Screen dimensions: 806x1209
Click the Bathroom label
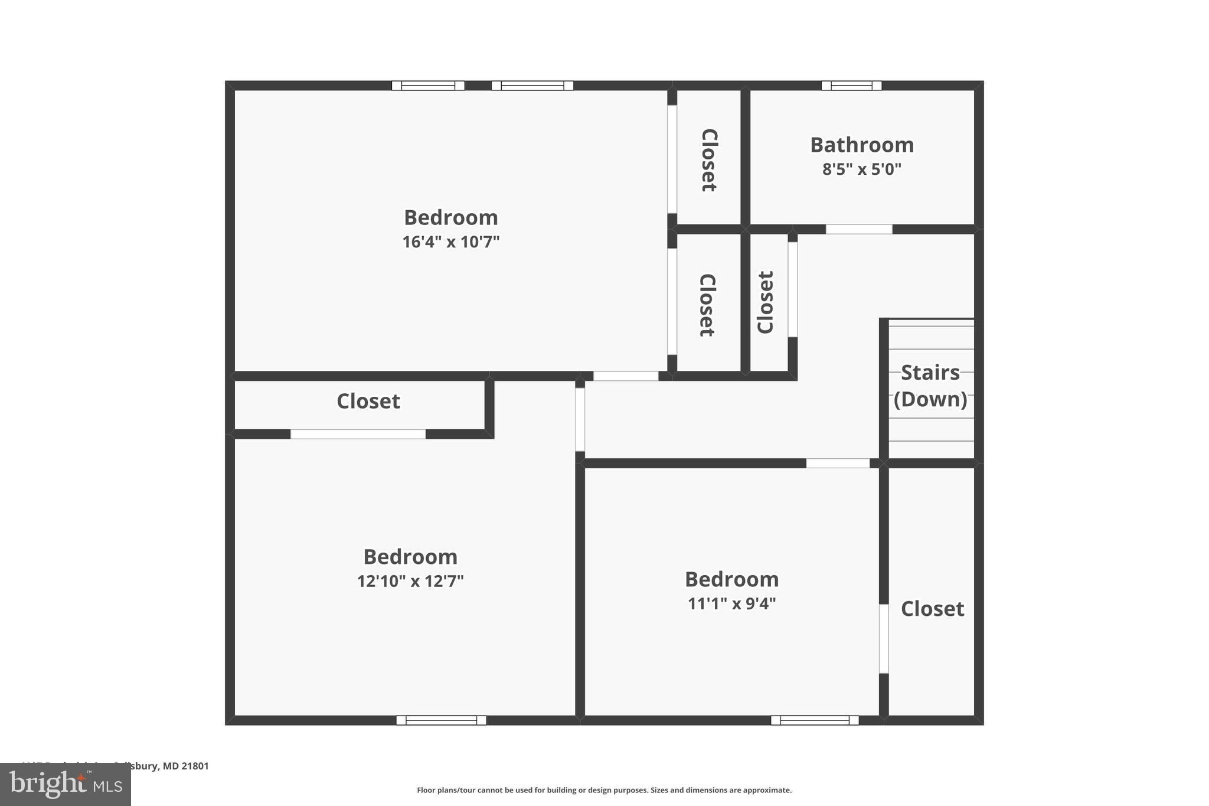pyautogui.click(x=861, y=145)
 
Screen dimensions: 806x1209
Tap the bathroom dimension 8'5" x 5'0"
pyautogui.click(x=861, y=169)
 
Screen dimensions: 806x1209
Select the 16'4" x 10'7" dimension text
pyautogui.click(x=450, y=242)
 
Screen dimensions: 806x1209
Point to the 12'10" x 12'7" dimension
pyautogui.click(x=410, y=581)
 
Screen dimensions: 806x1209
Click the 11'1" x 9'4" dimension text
pyautogui.click(x=731, y=603)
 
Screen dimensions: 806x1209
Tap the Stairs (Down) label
pyautogui.click(x=930, y=386)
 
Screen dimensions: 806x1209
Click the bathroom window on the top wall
pyautogui.click(x=851, y=86)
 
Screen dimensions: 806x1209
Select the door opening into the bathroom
pyautogui.click(x=858, y=229)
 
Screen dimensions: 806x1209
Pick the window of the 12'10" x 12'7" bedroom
pyautogui.click(x=441, y=720)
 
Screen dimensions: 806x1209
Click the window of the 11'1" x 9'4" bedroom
pyautogui.click(x=815, y=720)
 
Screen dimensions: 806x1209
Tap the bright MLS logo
pyautogui.click(x=65, y=784)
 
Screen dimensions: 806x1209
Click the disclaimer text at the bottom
pyautogui.click(x=604, y=790)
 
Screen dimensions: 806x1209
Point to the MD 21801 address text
pyautogui.click(x=186, y=766)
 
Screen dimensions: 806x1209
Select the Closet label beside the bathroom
pyautogui.click(x=708, y=159)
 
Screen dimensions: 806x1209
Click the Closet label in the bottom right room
pyautogui.click(x=932, y=609)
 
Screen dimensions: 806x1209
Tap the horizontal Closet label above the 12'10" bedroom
pyautogui.click(x=368, y=402)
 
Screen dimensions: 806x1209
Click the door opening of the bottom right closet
pyautogui.click(x=884, y=638)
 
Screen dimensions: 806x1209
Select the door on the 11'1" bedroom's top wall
pyautogui.click(x=838, y=464)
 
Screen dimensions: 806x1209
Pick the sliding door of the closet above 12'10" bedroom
pyautogui.click(x=358, y=434)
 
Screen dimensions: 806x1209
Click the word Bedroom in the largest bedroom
pyautogui.click(x=450, y=217)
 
